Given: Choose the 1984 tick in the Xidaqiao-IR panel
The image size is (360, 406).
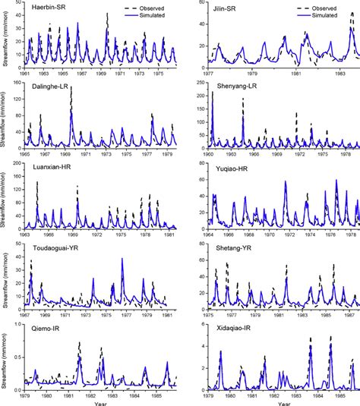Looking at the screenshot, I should pyautogui.click(x=311, y=395).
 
